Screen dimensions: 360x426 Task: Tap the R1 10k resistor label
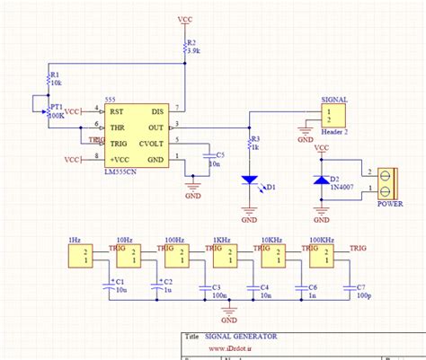pyautogui.click(x=55, y=80)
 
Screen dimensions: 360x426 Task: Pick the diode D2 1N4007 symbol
pyautogui.click(x=319, y=180)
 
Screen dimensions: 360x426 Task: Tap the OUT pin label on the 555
pyautogui.click(x=156, y=127)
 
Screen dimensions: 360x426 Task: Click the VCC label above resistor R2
pyautogui.click(x=185, y=18)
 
